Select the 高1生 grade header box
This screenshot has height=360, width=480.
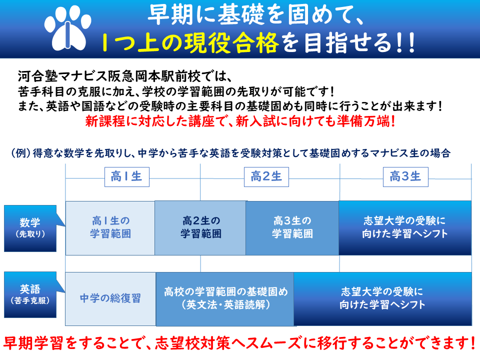coord(126,177)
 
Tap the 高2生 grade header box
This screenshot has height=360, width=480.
coord(266,177)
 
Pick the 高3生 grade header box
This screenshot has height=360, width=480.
coord(405,177)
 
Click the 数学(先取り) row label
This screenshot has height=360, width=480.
coord(30,228)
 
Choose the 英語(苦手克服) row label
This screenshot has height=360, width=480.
coord(30,295)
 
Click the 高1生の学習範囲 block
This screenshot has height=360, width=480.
coord(110,228)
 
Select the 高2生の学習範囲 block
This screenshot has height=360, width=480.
coord(200,228)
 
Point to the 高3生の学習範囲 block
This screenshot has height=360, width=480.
coord(292,228)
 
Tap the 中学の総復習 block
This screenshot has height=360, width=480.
coord(110,299)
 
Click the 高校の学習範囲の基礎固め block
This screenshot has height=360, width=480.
coord(225,299)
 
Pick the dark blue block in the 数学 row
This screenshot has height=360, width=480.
coord(405,228)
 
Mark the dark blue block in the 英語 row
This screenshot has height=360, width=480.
coord(382,299)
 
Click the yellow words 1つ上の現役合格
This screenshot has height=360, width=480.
coord(190,43)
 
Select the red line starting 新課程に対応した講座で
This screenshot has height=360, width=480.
coord(240,121)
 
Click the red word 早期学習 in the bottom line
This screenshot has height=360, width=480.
coord(33,343)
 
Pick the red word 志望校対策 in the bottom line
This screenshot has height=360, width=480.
coord(192,343)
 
